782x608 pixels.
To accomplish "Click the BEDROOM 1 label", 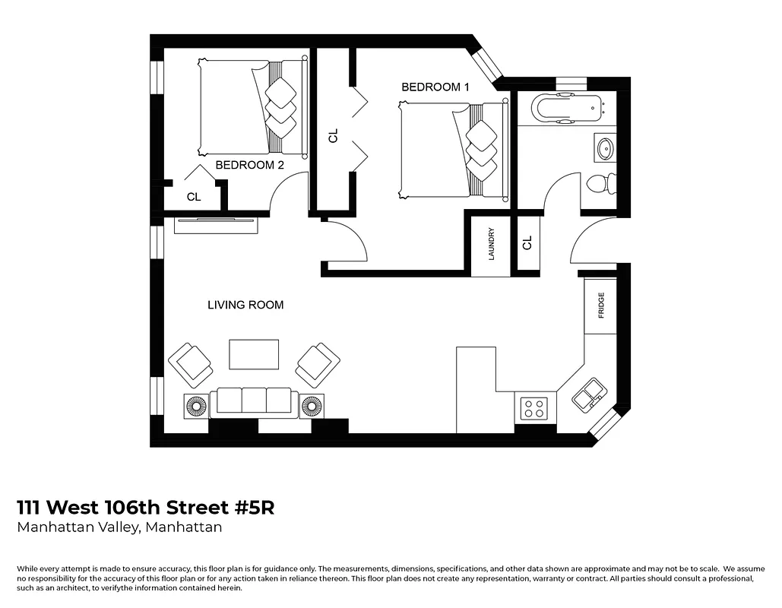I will (435, 87).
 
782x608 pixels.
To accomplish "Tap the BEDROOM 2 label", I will (249, 165).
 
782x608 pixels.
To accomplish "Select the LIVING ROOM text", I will (245, 305).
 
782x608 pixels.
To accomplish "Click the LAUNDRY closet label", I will (492, 245).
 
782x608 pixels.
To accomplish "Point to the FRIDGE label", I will (601, 306).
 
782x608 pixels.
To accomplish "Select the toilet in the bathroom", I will (601, 182).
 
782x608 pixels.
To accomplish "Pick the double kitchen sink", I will (588, 394).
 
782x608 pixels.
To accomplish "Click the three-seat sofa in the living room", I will (254, 402).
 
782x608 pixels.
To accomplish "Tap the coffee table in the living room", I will (254, 354).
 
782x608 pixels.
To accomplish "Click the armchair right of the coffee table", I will (318, 364).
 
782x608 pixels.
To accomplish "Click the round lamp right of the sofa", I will (312, 407).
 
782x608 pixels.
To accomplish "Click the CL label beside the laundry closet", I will (527, 243).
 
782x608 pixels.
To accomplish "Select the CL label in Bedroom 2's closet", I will (194, 197).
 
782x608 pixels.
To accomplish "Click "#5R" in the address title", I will (248, 508).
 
